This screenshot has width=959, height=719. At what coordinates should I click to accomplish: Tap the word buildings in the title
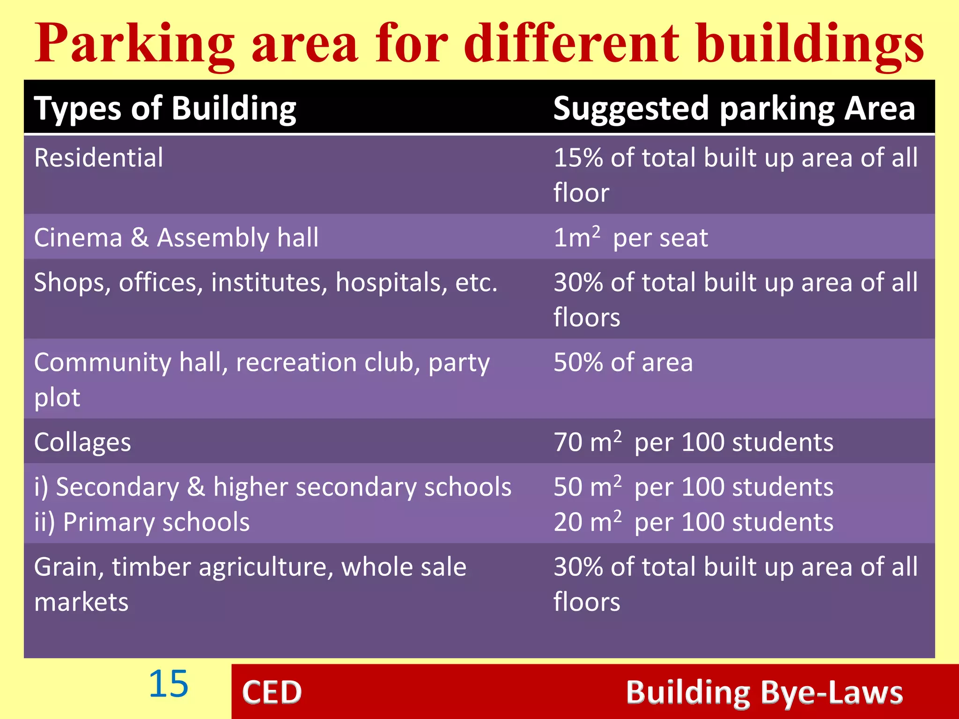pyautogui.click(x=810, y=44)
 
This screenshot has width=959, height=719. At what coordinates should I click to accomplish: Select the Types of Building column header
pyautogui.click(x=165, y=109)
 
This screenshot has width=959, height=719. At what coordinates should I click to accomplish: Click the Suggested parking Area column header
pyautogui.click(x=734, y=109)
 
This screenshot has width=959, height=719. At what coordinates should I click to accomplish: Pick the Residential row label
pyautogui.click(x=99, y=158)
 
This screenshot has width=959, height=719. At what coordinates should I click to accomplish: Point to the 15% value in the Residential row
pyautogui.click(x=579, y=158)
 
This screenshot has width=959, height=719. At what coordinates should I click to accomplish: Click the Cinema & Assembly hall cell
pyautogui.click(x=177, y=237)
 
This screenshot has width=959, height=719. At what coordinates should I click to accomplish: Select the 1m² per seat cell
pyautogui.click(x=630, y=237)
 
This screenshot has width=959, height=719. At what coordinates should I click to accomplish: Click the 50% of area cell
pyautogui.click(x=623, y=362)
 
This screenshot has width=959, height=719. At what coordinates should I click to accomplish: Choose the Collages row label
pyautogui.click(x=82, y=442)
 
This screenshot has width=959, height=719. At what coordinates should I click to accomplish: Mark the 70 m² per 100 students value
pyautogui.click(x=693, y=442)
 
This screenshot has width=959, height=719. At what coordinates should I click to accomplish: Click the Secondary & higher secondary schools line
pyautogui.click(x=273, y=487)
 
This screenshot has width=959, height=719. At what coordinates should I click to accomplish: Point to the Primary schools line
pyautogui.click(x=142, y=522)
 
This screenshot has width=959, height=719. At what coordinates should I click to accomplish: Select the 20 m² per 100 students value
pyautogui.click(x=693, y=522)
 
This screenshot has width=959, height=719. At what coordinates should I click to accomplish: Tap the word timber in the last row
pyautogui.click(x=151, y=567)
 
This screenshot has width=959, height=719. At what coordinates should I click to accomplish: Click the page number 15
pyautogui.click(x=169, y=684)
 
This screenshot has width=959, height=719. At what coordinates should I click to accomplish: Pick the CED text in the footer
pyautogui.click(x=272, y=692)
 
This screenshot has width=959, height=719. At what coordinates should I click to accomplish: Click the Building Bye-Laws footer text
pyautogui.click(x=764, y=692)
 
